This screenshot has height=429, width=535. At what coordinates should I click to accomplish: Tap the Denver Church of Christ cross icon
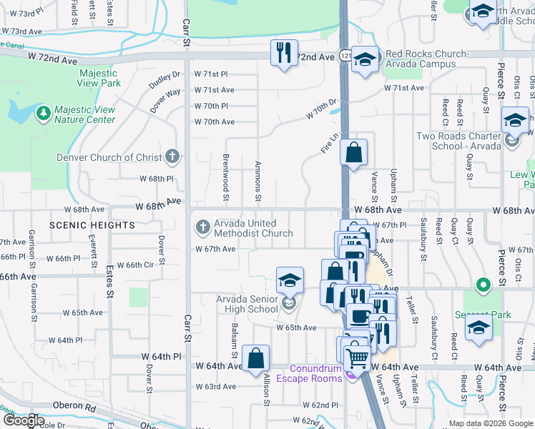click(171, 157)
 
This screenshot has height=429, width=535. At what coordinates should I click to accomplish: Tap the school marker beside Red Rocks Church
click(365, 60)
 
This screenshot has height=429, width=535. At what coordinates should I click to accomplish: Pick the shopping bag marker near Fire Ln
click(353, 152)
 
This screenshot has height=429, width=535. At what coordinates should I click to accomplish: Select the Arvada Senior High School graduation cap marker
click(290, 281)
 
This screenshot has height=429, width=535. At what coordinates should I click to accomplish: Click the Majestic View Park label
click(99, 78)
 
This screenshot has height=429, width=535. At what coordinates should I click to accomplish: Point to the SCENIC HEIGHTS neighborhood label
click(92, 225)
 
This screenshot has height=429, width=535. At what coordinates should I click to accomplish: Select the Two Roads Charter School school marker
click(514, 120)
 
